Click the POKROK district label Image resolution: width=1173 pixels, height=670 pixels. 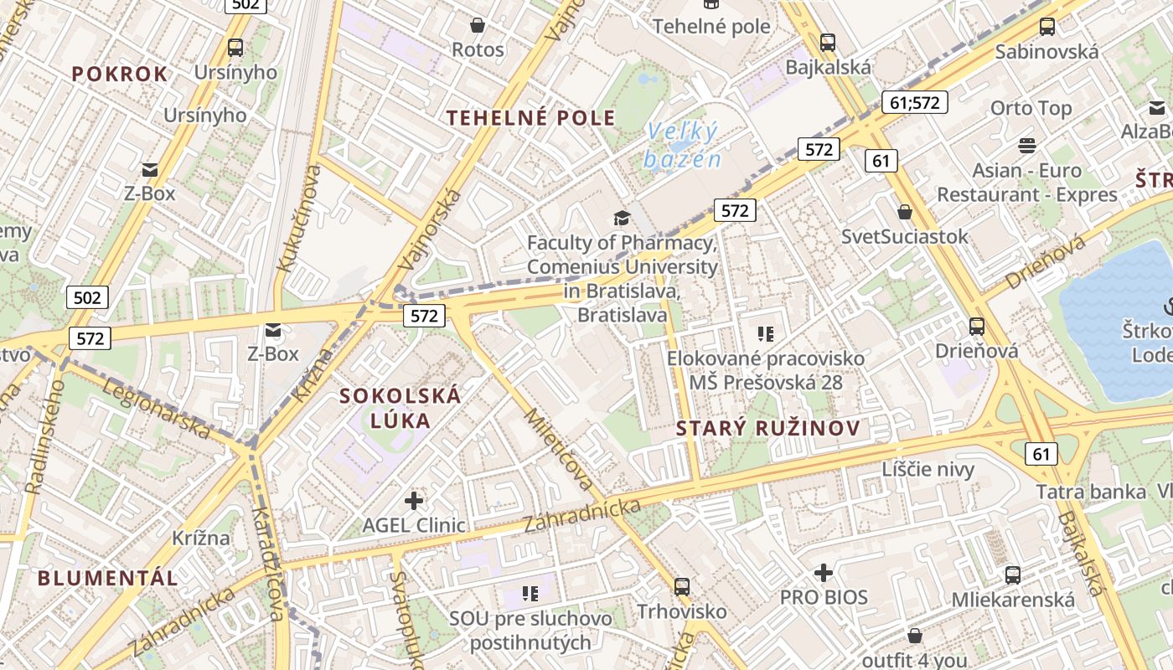[x=120, y=74]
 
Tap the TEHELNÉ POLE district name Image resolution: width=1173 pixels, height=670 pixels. [x=531, y=117]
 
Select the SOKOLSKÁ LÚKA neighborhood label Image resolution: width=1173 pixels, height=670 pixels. [x=400, y=408]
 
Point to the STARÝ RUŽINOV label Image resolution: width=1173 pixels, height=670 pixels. [x=768, y=429]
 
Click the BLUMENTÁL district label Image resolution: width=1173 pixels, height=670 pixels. [x=108, y=578]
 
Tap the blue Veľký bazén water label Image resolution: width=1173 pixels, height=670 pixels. [x=683, y=145]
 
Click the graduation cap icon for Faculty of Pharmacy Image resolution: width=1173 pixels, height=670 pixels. [x=621, y=219]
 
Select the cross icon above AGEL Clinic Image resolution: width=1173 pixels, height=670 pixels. [x=414, y=501]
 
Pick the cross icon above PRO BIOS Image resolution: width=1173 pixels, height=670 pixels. [x=824, y=573]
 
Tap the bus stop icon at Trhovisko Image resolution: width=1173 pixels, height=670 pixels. [x=682, y=587]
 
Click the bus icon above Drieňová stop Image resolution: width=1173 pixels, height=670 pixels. [x=976, y=326]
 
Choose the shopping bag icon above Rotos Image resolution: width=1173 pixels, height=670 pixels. [x=478, y=26]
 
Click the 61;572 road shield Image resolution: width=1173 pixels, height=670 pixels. [x=914, y=102]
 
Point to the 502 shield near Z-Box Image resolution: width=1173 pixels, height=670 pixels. [x=87, y=296]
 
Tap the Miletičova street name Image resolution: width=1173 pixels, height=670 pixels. [x=559, y=450]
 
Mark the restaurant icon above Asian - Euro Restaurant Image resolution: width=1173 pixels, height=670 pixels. [x=1027, y=146]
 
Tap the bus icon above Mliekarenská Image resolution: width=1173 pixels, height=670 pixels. [x=1012, y=575]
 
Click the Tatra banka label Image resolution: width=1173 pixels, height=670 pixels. [x=1091, y=492]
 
